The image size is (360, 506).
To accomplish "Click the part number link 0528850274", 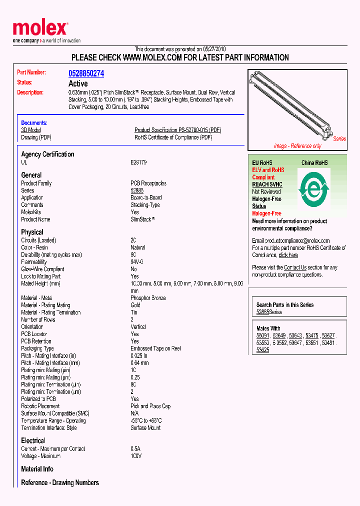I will point(86,73).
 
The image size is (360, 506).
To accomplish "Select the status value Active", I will point(78,83).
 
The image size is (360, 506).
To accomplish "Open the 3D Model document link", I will point(31,130).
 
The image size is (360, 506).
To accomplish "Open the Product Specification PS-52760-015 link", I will point(177,130).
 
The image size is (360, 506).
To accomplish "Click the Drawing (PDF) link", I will point(36,137).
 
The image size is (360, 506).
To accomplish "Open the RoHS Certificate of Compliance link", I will point(173,137).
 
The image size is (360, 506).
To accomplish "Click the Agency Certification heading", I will point(47,154).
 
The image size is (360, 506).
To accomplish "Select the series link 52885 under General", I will point(137,190).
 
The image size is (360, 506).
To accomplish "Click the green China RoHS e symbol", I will point(314,188).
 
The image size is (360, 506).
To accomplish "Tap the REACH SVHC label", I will point(267,184).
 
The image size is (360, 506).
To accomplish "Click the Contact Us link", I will point(295,267).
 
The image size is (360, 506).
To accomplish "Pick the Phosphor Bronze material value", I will point(148,298).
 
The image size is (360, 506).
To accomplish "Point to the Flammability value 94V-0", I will point(137,262).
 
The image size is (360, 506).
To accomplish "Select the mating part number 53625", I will point(262,350).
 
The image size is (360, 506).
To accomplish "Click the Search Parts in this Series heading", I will point(284,304).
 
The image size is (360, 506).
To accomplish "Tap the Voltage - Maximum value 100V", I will point(136,456).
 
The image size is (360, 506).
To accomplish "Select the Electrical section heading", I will point(33,440).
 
